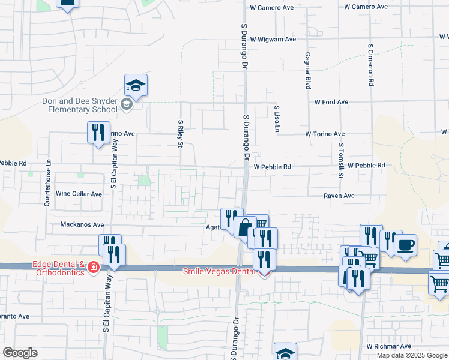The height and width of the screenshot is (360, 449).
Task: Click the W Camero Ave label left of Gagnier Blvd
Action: tap(272, 7)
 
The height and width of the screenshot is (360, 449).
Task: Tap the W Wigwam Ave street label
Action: tap(274, 40)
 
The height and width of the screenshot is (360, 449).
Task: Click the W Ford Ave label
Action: tap(331, 102)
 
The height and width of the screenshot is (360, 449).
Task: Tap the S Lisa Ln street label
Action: tap(277, 119)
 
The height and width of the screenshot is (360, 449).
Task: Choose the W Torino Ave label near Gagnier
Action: tap(325, 134)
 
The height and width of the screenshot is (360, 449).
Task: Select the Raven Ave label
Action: tap(339, 196)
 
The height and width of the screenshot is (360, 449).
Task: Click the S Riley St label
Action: tap(180, 133)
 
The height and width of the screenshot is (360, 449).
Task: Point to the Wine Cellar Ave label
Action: tap(79, 194)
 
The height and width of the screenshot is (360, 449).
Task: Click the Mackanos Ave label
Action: tap(82, 225)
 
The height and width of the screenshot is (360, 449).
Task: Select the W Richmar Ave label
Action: tap(389, 346)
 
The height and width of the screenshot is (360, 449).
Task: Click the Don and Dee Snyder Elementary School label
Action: tap(80, 106)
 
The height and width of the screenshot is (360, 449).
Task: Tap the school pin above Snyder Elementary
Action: tap(136, 86)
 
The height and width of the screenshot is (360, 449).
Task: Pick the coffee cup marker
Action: tap(405, 245)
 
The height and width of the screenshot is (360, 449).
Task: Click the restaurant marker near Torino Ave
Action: tap(98, 133)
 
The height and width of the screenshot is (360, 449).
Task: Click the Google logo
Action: tap(20, 353)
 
